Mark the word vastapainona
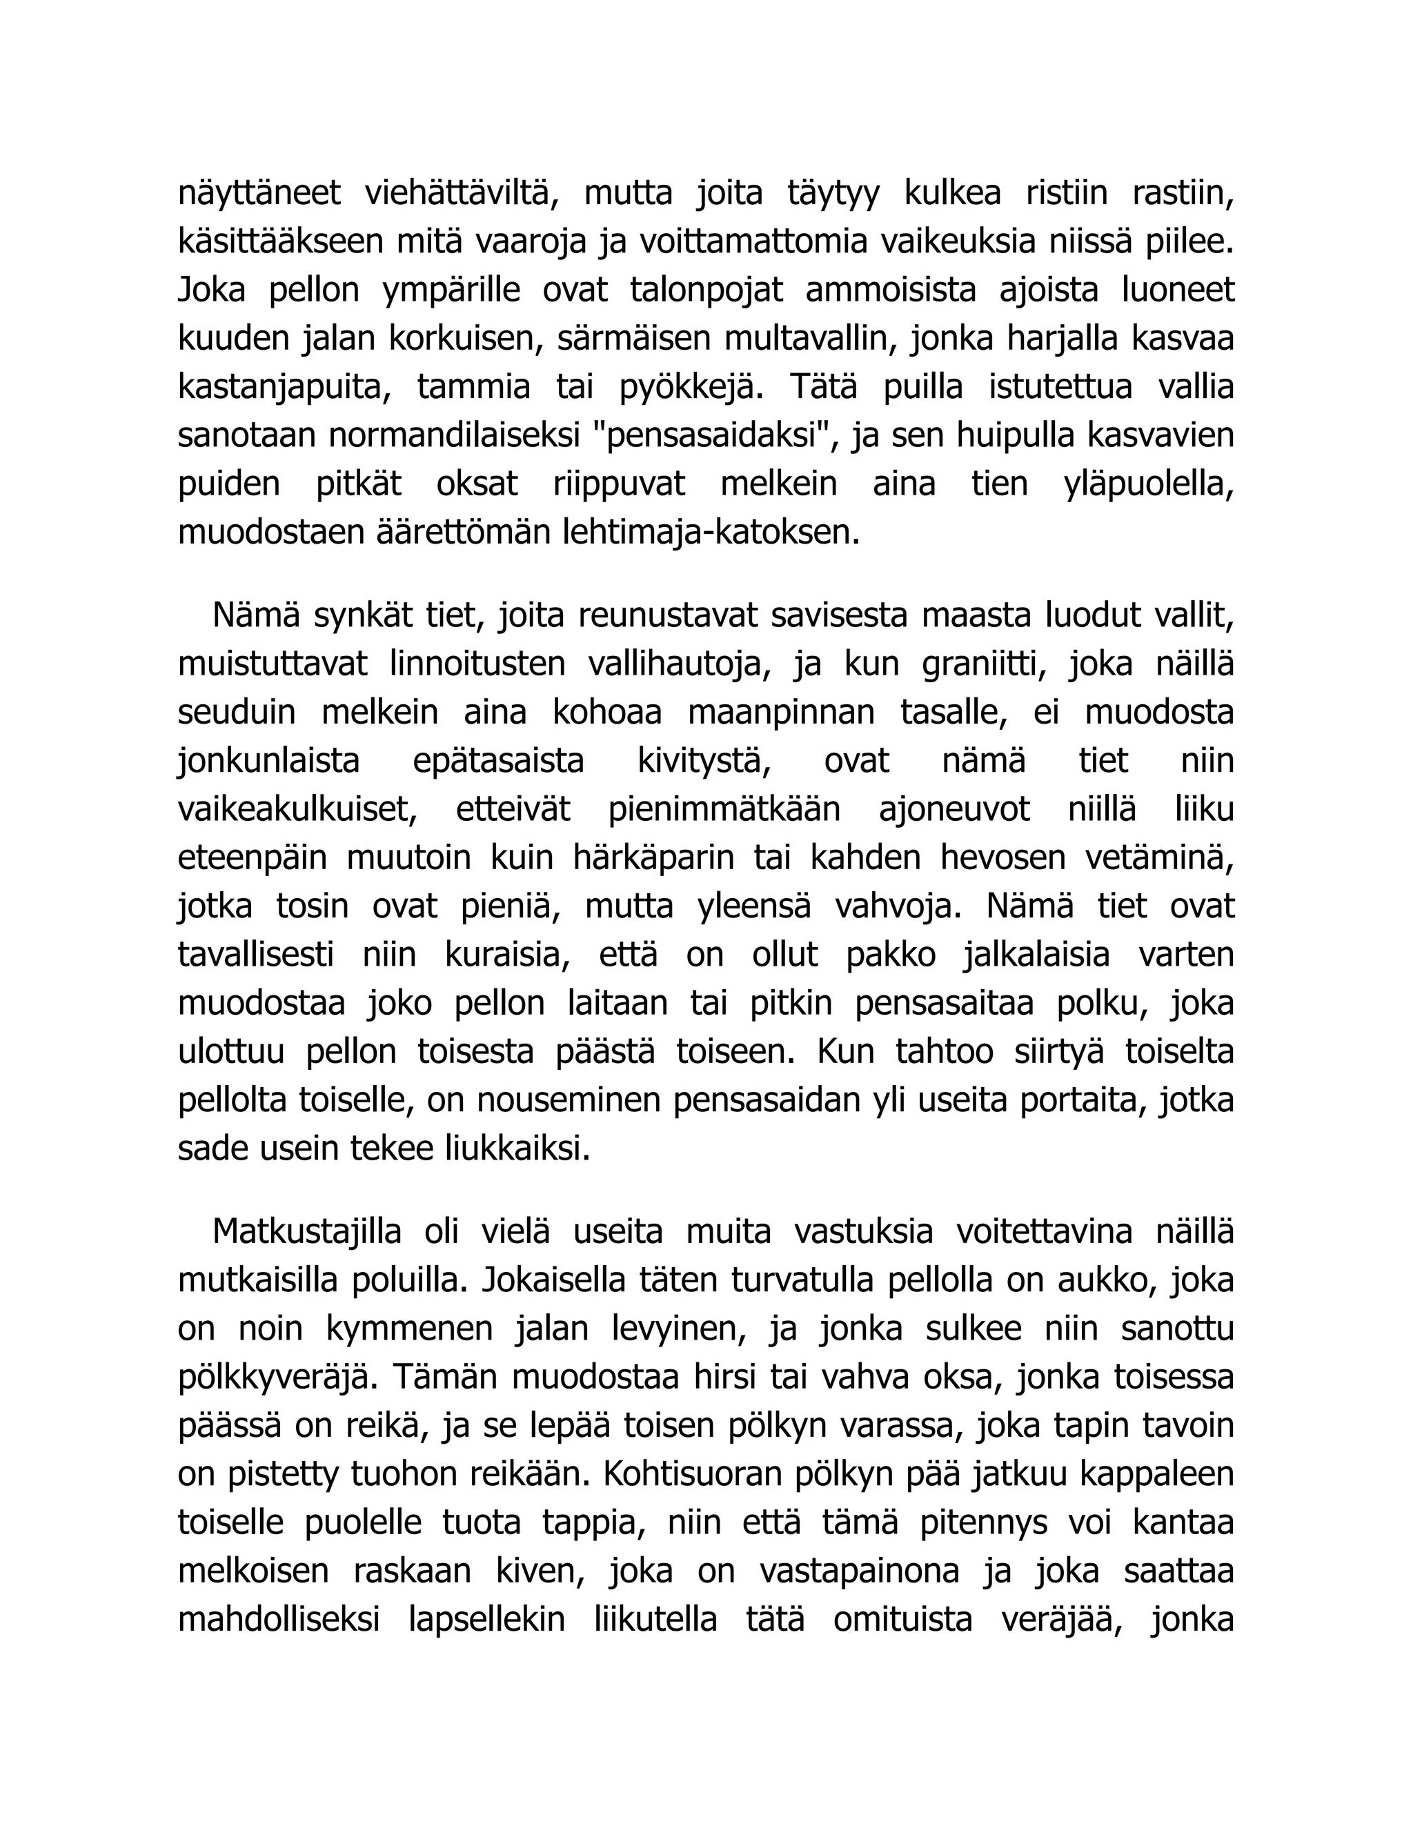(x=859, y=1572)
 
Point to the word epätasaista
(x=498, y=762)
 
